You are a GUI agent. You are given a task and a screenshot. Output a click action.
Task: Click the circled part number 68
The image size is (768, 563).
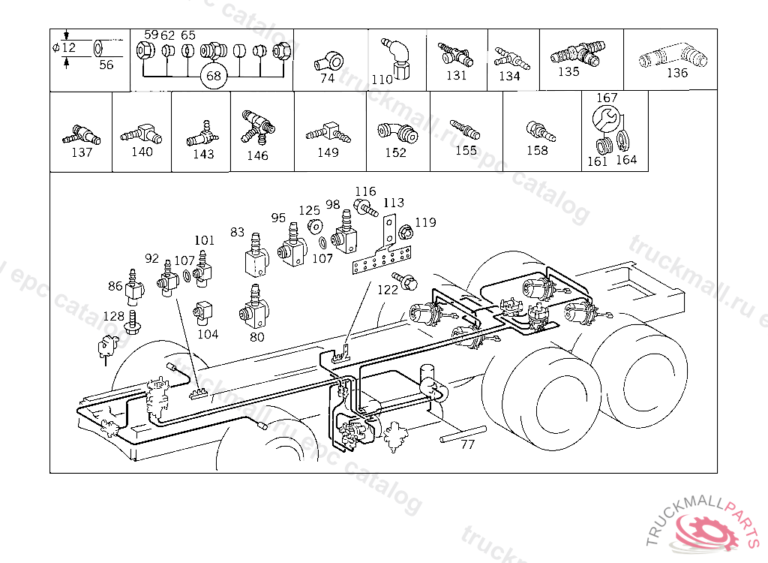pyautogui.click(x=214, y=76)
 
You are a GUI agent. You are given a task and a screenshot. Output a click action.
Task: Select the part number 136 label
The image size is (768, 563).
pyautogui.click(x=677, y=73)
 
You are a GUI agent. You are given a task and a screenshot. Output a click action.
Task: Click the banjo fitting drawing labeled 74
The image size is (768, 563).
pyautogui.click(x=328, y=62)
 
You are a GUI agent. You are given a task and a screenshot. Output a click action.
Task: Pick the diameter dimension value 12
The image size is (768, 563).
pyautogui.click(x=68, y=47)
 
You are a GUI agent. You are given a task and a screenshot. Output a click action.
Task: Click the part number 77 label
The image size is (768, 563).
pyautogui.click(x=468, y=444)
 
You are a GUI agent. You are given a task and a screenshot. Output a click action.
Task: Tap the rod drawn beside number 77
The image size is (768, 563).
pyautogui.click(x=463, y=434)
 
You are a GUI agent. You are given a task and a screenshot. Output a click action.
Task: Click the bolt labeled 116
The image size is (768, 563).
pyautogui.click(x=365, y=207)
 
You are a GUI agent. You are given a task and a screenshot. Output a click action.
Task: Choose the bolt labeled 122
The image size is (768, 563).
pyautogui.click(x=404, y=281)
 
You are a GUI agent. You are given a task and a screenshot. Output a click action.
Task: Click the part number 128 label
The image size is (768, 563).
pyautogui.click(x=114, y=316)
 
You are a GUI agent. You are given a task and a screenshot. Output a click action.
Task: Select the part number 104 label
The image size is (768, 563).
pyautogui.click(x=208, y=335)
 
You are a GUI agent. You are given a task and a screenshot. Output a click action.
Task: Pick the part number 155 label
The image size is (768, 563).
pyautogui.click(x=466, y=151)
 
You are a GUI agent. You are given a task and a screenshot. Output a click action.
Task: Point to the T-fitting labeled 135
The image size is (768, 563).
pyautogui.click(x=576, y=55)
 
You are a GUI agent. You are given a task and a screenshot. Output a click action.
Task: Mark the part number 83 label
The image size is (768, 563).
pyautogui.click(x=237, y=232)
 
